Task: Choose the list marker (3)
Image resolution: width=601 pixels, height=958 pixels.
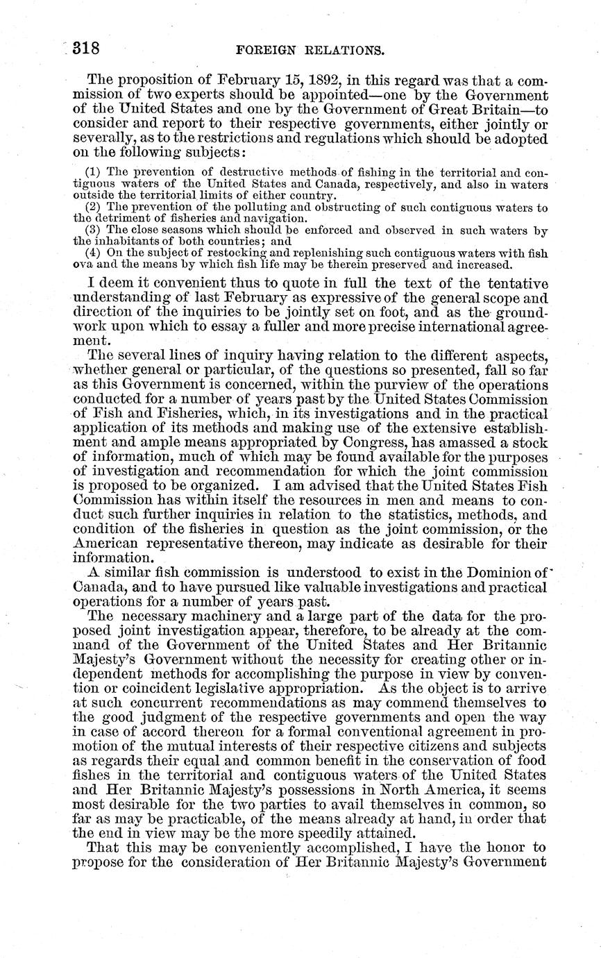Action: [x=93, y=230]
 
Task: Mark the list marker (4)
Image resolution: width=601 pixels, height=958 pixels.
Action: [x=93, y=253]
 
